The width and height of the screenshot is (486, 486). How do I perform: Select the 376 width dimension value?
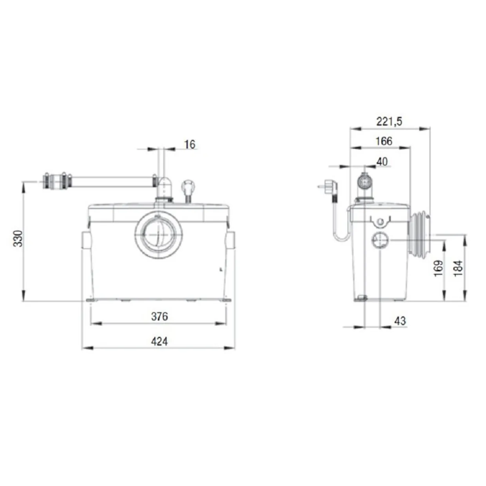pos(160,316)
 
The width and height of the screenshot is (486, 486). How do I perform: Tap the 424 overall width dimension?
pos(160,341)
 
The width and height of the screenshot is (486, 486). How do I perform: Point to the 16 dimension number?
pos(189,145)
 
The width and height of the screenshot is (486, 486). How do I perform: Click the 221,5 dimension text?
pos(389,121)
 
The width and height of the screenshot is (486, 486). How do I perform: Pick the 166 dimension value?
pos(384,141)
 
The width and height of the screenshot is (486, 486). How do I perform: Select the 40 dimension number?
pos(382,161)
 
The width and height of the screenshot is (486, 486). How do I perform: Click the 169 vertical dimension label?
pos(438,268)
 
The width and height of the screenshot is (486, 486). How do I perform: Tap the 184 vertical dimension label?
pos(458,268)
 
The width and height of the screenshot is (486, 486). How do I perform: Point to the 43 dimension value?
pos(400,321)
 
